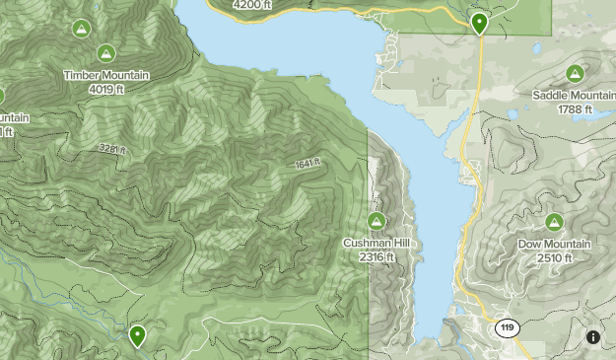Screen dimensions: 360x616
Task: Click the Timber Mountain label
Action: coord(105,75)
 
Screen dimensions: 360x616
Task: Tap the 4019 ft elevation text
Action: coord(105,88)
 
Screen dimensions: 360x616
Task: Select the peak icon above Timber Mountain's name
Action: coord(105,53)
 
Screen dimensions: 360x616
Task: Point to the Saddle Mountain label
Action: coord(574,95)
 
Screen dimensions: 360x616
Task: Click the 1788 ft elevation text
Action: coord(574,108)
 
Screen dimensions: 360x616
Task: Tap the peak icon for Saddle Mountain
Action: coord(575,73)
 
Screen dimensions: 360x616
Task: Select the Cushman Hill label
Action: coord(376,244)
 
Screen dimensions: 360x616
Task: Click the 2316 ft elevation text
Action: coord(376,256)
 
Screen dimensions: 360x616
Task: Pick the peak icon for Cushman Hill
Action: coord(376,221)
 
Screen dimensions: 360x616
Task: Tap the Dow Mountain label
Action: coord(554,244)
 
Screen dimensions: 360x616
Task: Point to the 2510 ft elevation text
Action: coord(554,257)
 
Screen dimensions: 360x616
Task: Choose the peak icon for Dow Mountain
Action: coord(554,222)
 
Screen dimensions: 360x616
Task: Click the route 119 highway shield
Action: coord(508,327)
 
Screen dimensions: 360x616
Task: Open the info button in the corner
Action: coord(593,337)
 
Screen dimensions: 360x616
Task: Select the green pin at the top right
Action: coord(479,23)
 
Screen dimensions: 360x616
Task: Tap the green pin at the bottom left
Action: coord(137,336)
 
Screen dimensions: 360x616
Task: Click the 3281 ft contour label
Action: coord(111,149)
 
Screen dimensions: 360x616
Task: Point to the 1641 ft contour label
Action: coord(307,165)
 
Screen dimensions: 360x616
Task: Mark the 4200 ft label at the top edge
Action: coord(249,5)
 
